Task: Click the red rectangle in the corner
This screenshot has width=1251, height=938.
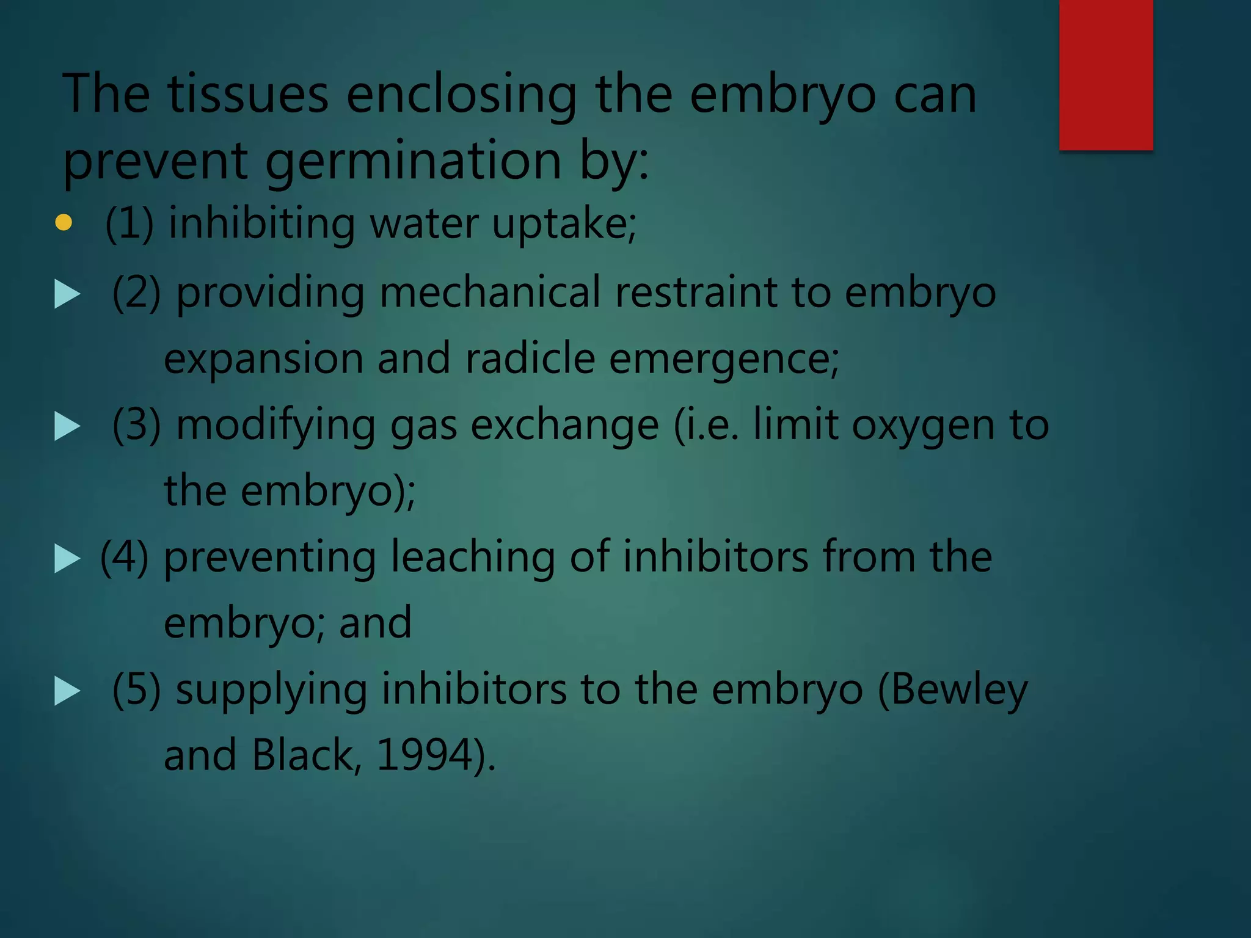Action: pos(1106,75)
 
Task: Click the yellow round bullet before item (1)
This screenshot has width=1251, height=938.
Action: pos(64,222)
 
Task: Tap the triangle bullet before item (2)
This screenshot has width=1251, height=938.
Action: pos(67,294)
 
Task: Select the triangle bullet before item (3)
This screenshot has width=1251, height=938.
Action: pos(67,426)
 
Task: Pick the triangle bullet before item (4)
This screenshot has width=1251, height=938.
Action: pos(67,559)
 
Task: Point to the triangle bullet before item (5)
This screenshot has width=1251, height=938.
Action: pos(67,691)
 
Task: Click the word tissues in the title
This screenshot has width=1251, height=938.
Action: pos(248,95)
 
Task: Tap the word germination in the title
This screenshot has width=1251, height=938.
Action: pos(414,162)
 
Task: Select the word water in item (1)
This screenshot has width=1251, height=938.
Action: pos(424,224)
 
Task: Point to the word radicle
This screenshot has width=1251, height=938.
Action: pos(530,358)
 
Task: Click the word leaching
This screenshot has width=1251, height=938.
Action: pos(473,558)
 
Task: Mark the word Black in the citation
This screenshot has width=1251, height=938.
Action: pos(302,755)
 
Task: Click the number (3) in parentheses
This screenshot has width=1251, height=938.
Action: pos(136,425)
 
